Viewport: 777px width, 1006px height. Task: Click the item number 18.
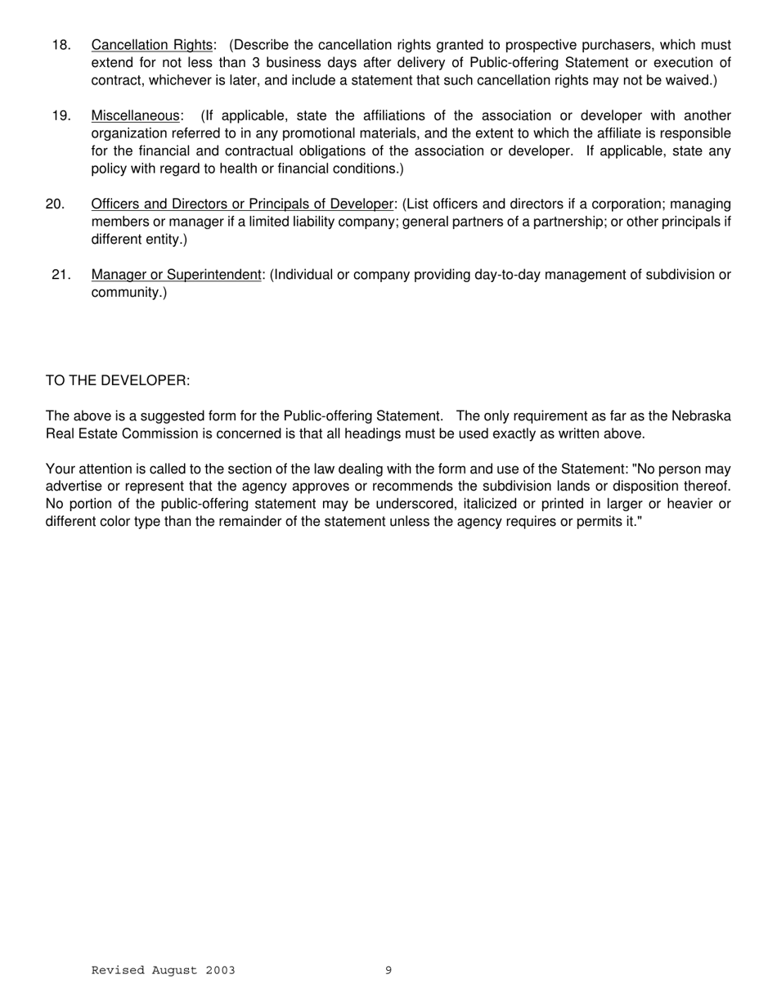pyautogui.click(x=61, y=45)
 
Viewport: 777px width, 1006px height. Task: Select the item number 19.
pyautogui.click(x=61, y=116)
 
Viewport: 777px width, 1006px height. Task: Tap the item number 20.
pyautogui.click(x=56, y=204)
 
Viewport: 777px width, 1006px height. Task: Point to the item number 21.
pyautogui.click(x=61, y=275)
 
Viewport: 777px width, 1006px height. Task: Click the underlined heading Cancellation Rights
pyautogui.click(x=151, y=45)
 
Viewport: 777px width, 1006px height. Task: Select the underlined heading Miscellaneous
pyautogui.click(x=134, y=116)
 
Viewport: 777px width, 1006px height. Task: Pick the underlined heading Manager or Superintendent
pyautogui.click(x=176, y=275)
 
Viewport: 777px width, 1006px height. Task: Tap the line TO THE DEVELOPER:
pyautogui.click(x=118, y=381)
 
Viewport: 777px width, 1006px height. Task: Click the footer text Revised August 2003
pyautogui.click(x=163, y=971)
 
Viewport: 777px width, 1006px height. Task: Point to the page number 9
pyautogui.click(x=388, y=971)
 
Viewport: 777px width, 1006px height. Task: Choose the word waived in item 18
pyautogui.click(x=690, y=81)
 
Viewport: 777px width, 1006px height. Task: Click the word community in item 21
pyautogui.click(x=127, y=293)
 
